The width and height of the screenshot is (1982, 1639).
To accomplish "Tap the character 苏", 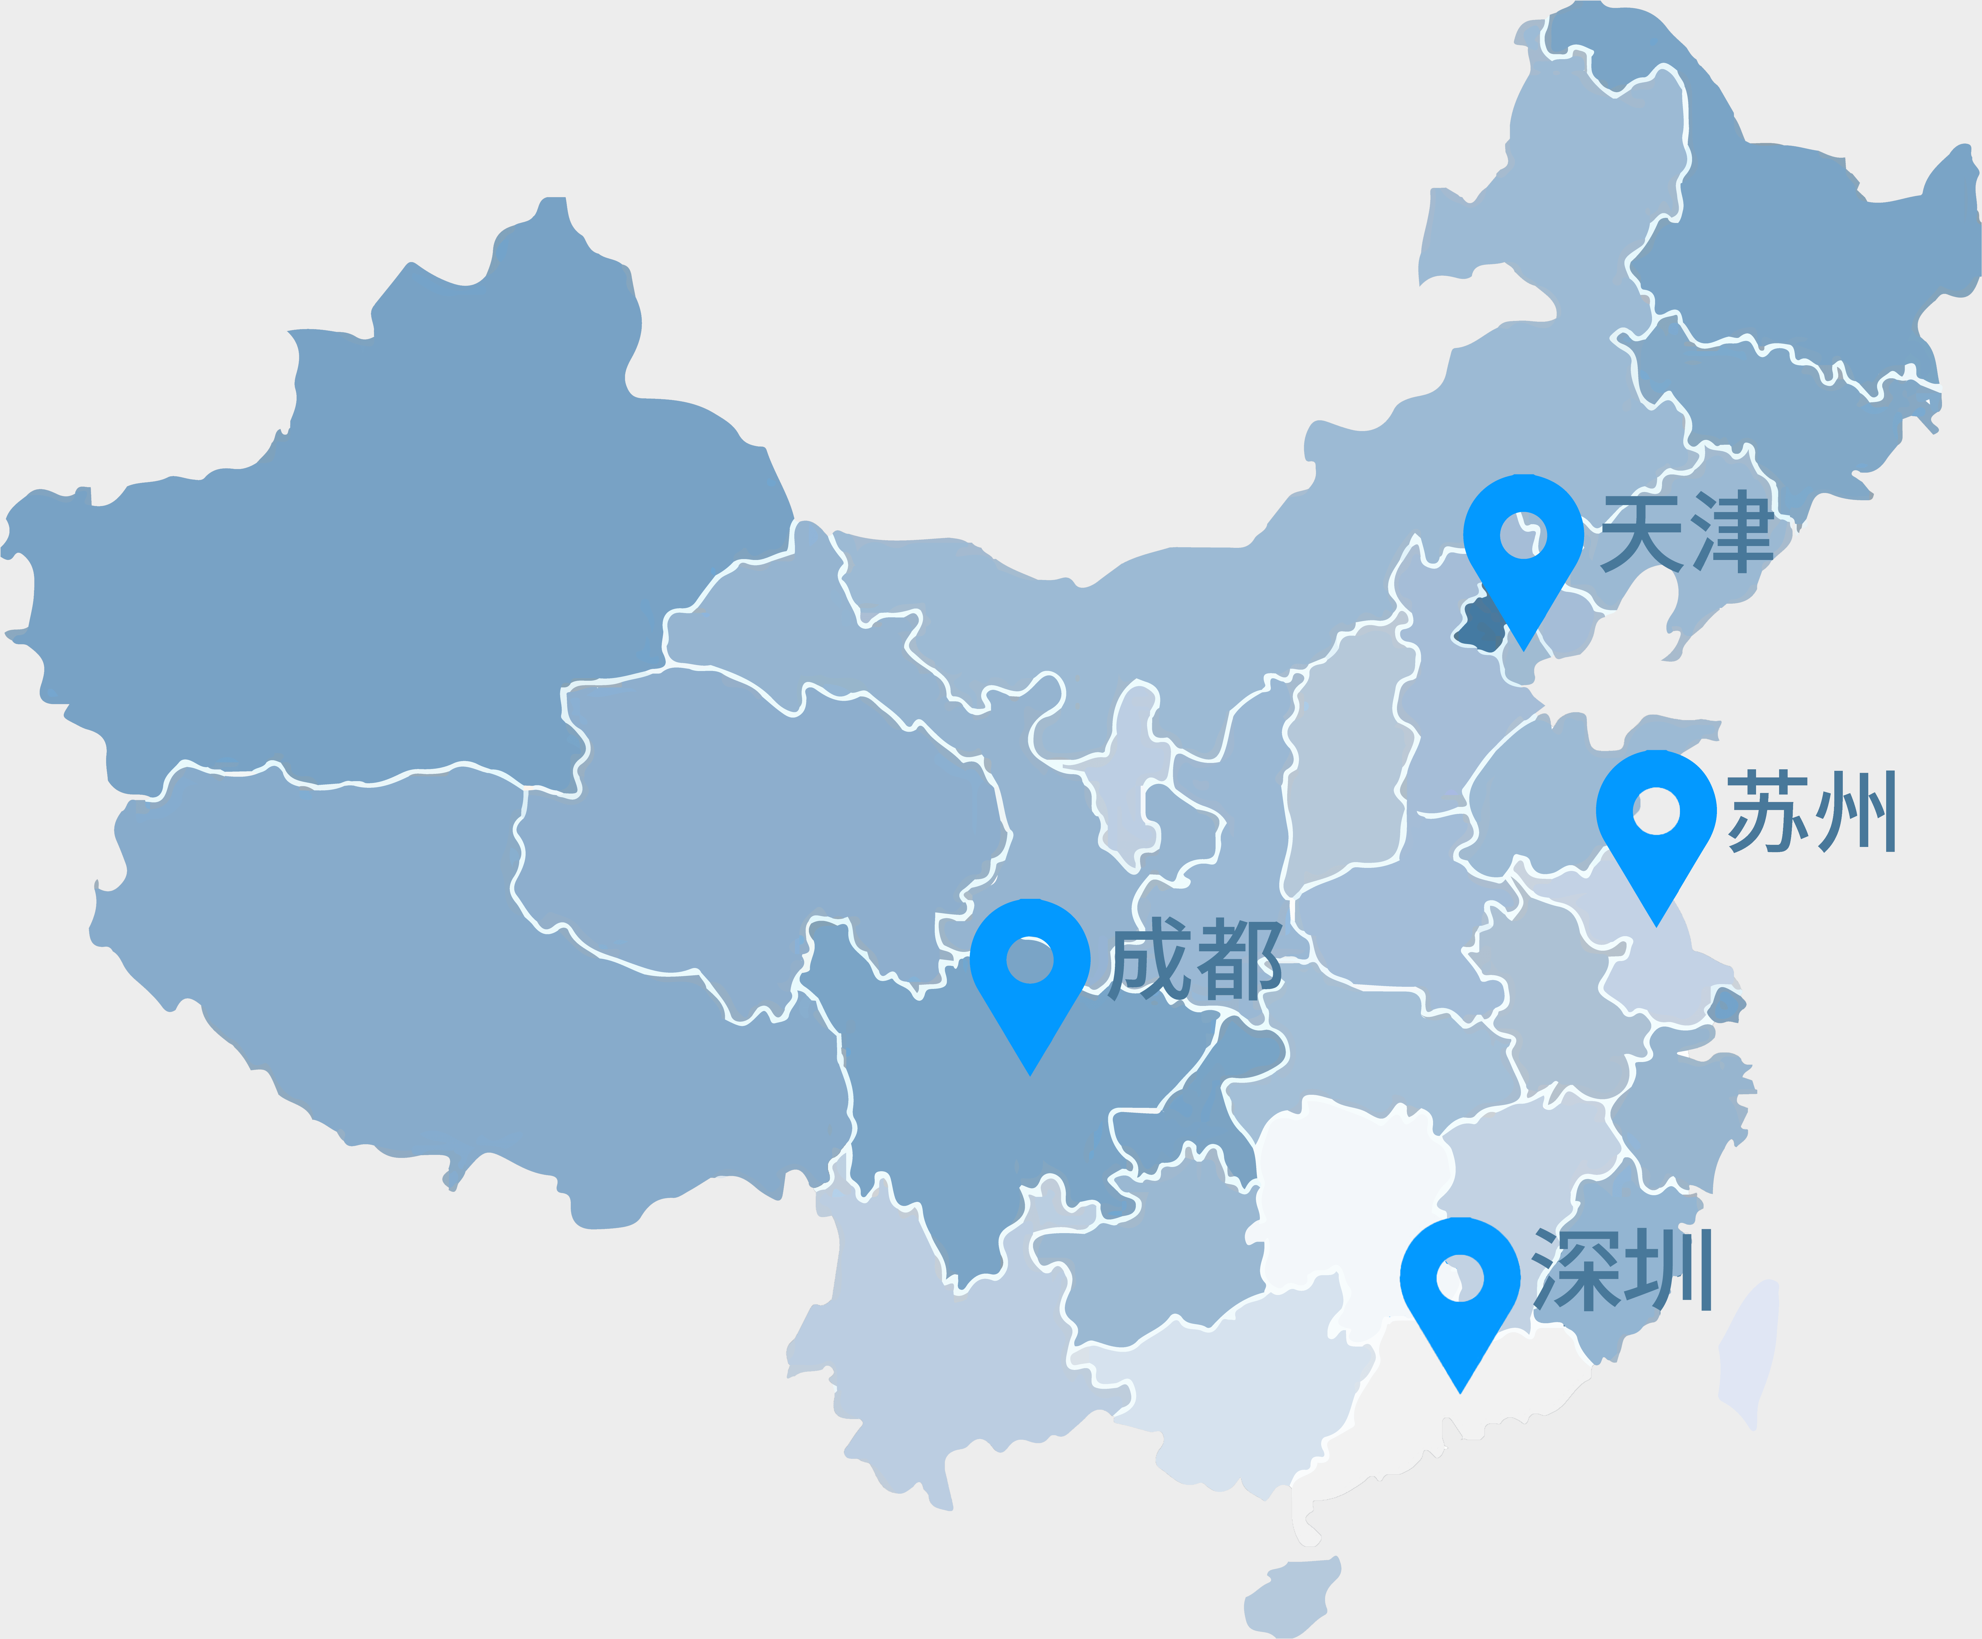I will (1767, 812).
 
